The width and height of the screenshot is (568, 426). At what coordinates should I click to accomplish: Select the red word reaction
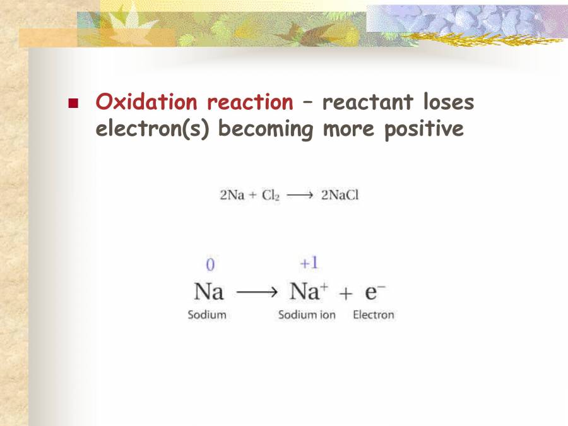(x=251, y=102)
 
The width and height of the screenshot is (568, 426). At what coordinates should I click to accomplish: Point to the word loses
(x=445, y=102)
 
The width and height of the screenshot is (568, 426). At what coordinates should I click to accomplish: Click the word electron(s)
(x=152, y=129)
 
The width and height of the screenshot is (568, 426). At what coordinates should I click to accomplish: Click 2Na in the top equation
(x=230, y=196)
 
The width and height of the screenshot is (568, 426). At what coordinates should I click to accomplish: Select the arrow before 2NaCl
(x=299, y=196)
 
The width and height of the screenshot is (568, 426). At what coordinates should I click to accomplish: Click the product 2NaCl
(x=340, y=196)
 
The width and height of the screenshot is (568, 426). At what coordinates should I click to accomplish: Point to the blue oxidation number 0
(x=211, y=264)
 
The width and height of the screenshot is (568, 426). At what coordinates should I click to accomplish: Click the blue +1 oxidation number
(x=309, y=262)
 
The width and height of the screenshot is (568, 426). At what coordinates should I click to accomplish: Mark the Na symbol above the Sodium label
(x=208, y=292)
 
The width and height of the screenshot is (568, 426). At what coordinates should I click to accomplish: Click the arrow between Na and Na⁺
(x=256, y=292)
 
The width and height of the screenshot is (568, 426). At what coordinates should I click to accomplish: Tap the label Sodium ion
(x=307, y=315)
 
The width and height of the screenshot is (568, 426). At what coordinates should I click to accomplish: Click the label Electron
(x=373, y=315)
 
